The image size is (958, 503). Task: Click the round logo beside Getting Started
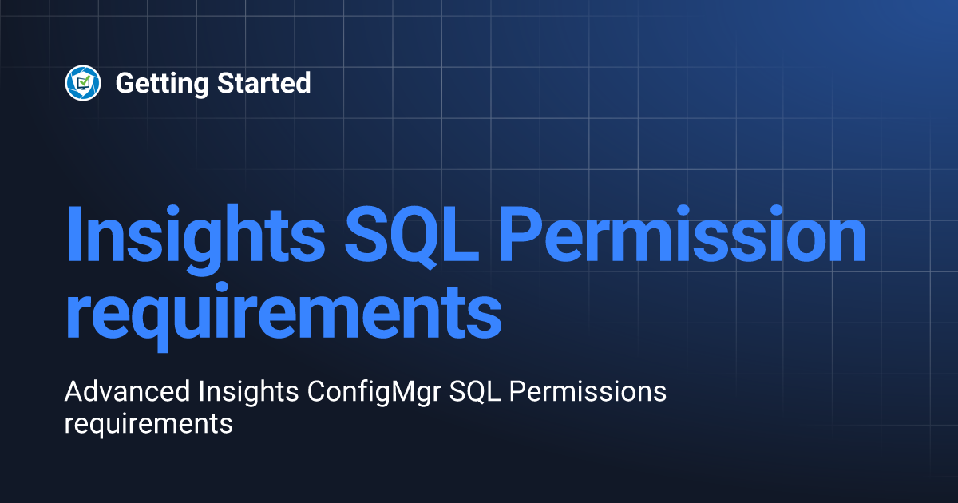[x=83, y=83]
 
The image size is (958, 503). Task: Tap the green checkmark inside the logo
[x=85, y=80]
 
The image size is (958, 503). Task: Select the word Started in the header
[x=264, y=83]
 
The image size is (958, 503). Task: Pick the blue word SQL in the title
[x=412, y=236]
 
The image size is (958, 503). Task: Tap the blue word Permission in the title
[x=683, y=235]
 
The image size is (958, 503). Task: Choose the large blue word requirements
[x=283, y=316]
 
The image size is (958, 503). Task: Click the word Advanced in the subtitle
[x=128, y=391]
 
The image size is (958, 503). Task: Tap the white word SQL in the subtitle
[x=475, y=392]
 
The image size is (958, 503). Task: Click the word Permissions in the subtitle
[x=588, y=392]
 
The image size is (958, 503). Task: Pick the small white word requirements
[x=148, y=425]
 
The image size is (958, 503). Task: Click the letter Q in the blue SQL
[x=412, y=238]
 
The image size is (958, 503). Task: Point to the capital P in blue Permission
[x=520, y=235]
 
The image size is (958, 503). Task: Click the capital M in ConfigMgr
[x=404, y=391]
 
